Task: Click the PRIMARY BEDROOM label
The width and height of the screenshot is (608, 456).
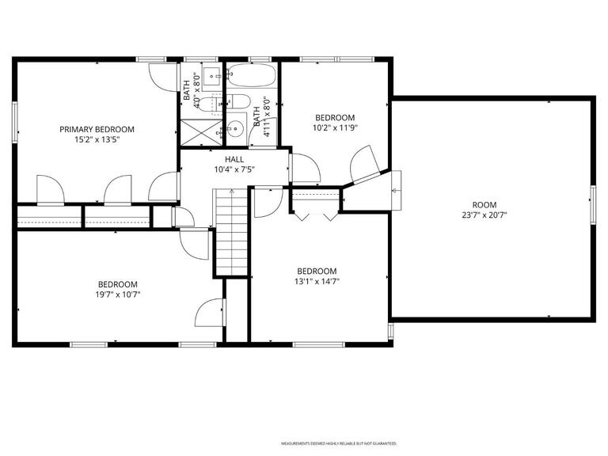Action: pos(97,129)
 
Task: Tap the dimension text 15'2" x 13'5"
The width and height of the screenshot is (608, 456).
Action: pos(97,139)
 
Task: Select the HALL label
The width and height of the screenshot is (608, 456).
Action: pos(223,159)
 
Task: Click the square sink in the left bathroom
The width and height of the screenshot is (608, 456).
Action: pos(211,78)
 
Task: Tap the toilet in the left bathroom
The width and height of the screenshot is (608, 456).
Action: pos(207,104)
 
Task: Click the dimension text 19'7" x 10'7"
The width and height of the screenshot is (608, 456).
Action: pos(118,295)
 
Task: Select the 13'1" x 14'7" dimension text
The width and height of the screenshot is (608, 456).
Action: pos(317,281)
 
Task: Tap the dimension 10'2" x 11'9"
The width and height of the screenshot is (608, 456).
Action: pos(335,127)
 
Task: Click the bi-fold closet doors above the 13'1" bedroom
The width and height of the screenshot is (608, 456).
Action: pos(314,213)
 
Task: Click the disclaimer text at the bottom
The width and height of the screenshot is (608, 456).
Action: pos(339,443)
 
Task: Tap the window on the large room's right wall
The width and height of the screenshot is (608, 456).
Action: pos(593,203)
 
